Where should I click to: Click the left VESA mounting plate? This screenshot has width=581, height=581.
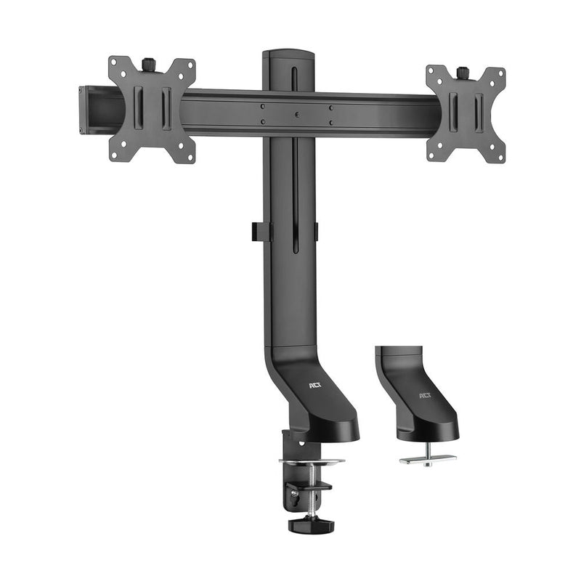point(152,109)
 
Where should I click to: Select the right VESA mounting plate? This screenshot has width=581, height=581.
point(466,113)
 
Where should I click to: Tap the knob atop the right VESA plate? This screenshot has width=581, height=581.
point(462,72)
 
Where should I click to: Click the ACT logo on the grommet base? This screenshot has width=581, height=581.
point(426,397)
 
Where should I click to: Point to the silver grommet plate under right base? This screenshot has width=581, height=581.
point(428,459)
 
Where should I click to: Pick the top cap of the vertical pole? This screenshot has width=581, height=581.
point(289,54)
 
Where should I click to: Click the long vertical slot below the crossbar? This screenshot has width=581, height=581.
point(295,196)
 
